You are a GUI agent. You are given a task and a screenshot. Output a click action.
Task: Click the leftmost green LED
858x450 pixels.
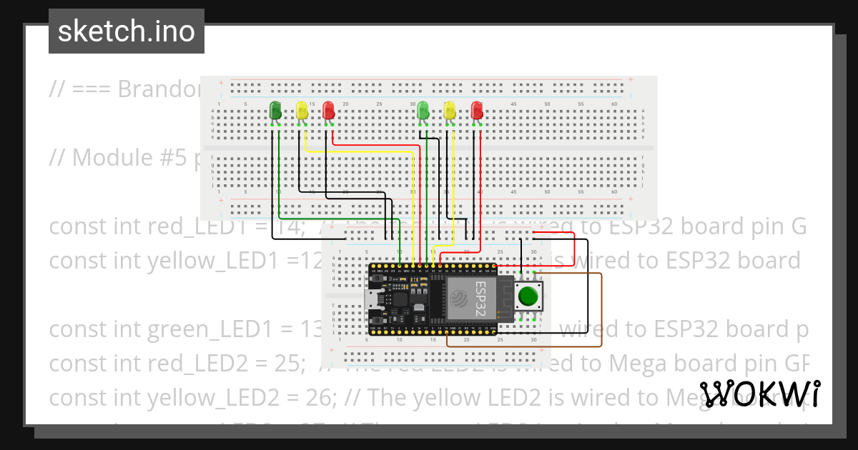pyautogui.click(x=275, y=110)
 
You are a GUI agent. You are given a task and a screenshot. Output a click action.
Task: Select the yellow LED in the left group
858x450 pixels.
pyautogui.click(x=302, y=110)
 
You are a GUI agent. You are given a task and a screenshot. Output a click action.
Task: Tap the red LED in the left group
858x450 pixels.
pyautogui.click(x=328, y=110)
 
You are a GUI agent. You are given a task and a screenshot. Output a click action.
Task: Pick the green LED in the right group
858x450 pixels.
pyautogui.click(x=423, y=110)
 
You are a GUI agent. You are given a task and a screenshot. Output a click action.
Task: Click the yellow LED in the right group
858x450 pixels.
pyautogui.click(x=449, y=110)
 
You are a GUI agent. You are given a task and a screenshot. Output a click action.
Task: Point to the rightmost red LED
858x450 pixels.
pyautogui.click(x=477, y=110)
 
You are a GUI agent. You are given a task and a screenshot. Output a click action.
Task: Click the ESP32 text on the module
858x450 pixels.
pyautogui.click(x=480, y=299)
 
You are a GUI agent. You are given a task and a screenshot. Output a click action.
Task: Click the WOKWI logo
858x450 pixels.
pyautogui.click(x=759, y=394)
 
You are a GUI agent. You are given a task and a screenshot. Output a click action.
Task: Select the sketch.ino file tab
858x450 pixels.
pyautogui.click(x=127, y=31)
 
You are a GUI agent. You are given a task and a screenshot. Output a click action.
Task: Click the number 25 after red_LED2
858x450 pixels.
pyautogui.click(x=285, y=364)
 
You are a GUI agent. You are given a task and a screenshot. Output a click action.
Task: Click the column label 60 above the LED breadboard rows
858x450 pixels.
pyautogui.click(x=613, y=104)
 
